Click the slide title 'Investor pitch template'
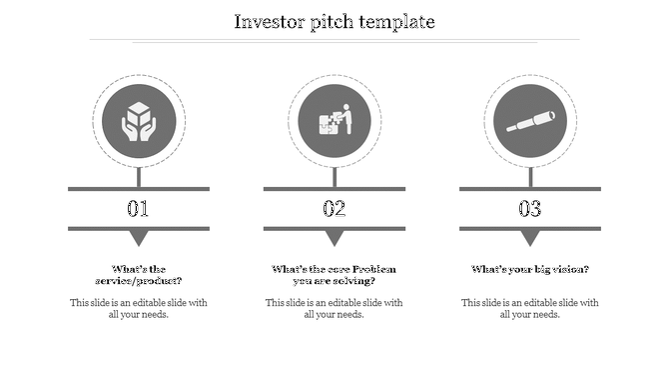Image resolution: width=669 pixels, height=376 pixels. click(x=334, y=21)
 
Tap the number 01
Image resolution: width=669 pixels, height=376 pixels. click(x=138, y=209)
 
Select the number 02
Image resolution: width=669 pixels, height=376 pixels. click(x=334, y=209)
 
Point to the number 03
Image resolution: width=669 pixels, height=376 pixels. click(x=529, y=209)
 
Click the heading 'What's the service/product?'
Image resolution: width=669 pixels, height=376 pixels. click(x=138, y=275)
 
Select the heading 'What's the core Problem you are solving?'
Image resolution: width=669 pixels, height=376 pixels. click(x=334, y=275)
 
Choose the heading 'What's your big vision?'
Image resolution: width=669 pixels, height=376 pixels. click(x=529, y=269)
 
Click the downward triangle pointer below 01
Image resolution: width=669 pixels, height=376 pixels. click(x=138, y=238)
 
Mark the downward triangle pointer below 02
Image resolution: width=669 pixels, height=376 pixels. click(x=334, y=238)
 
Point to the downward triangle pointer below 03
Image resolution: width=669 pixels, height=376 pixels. click(x=529, y=238)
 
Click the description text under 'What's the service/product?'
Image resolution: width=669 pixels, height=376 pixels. click(x=138, y=308)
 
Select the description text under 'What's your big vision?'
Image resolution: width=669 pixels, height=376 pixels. click(x=529, y=308)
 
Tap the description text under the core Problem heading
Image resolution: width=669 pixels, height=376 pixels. click(x=334, y=308)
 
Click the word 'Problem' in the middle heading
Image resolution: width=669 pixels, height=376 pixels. click(x=374, y=269)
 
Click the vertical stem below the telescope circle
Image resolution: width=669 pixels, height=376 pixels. click(x=529, y=176)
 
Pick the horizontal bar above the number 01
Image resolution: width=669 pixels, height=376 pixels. click(x=138, y=188)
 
